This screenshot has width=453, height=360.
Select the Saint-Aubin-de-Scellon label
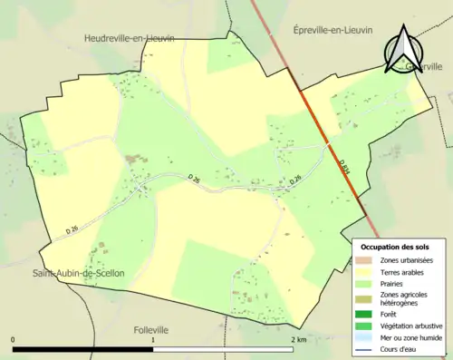[79, 273]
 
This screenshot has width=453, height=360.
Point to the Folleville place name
[151, 330]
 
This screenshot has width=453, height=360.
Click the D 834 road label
[345, 167]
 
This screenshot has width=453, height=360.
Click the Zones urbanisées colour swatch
[366, 260]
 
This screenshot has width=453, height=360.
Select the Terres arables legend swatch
[366, 271]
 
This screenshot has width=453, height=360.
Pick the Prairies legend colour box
[366, 283]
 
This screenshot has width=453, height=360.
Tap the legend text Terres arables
[400, 271]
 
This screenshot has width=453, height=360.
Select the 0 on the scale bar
[13, 339]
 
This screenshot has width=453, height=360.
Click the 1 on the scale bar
[153, 339]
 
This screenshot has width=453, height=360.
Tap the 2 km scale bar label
[297, 339]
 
